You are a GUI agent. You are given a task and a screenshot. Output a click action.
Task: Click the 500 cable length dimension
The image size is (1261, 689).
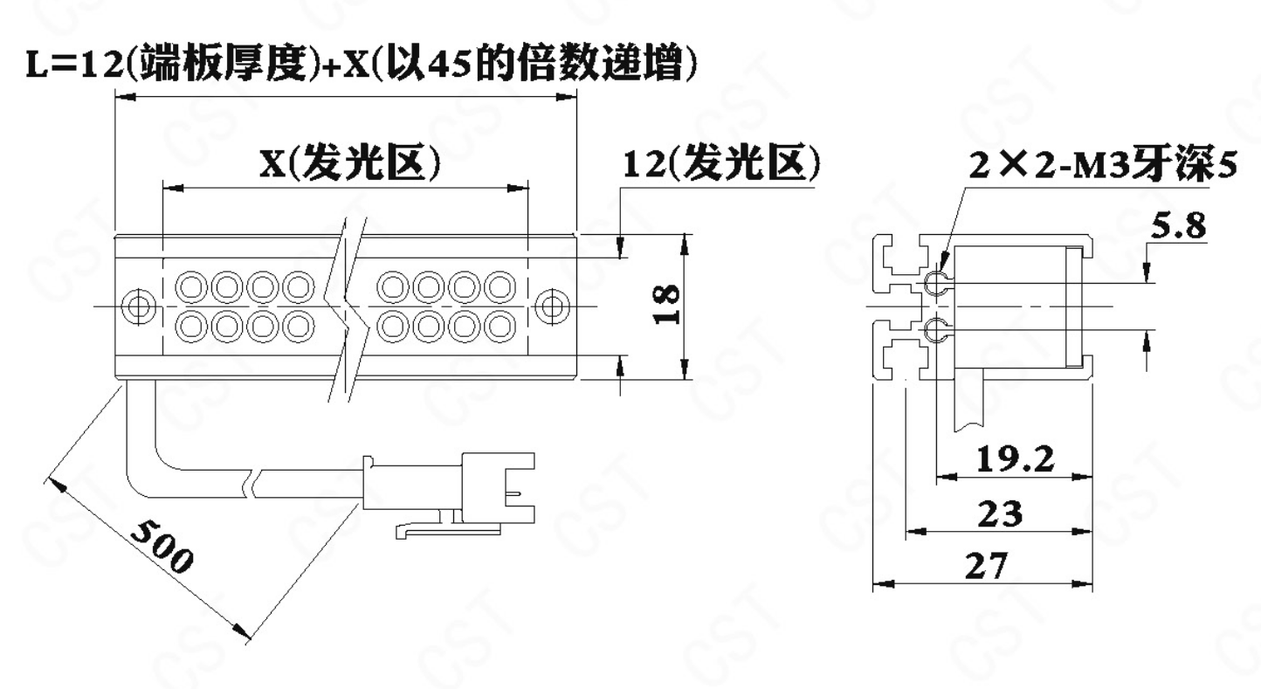[x=162, y=546]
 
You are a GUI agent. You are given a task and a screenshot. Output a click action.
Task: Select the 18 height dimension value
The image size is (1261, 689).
[x=666, y=305]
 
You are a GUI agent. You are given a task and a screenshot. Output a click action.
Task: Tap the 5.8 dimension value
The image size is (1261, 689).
[x=1178, y=226]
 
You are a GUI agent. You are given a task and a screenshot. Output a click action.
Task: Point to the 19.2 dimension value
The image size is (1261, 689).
[x=1015, y=459]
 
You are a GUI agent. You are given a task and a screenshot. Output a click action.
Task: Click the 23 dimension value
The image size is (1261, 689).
[x=1001, y=514]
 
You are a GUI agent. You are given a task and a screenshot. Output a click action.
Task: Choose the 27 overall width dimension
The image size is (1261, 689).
[x=986, y=566]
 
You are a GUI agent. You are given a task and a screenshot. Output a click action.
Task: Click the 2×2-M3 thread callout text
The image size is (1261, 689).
[x=1103, y=165]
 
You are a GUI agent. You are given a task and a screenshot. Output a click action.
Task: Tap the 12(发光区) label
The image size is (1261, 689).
[x=721, y=166]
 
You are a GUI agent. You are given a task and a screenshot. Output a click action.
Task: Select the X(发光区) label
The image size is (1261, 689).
[x=349, y=164]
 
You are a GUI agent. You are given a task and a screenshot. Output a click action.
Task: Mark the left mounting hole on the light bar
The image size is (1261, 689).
[x=139, y=307]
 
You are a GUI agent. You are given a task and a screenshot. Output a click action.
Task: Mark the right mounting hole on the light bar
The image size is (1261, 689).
[x=552, y=307]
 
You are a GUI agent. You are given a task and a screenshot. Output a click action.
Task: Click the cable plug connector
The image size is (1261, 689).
[x=449, y=489]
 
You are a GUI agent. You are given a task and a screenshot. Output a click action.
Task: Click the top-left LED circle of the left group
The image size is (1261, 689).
[x=191, y=287]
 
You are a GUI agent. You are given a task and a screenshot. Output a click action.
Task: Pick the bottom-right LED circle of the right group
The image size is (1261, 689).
[x=500, y=326]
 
